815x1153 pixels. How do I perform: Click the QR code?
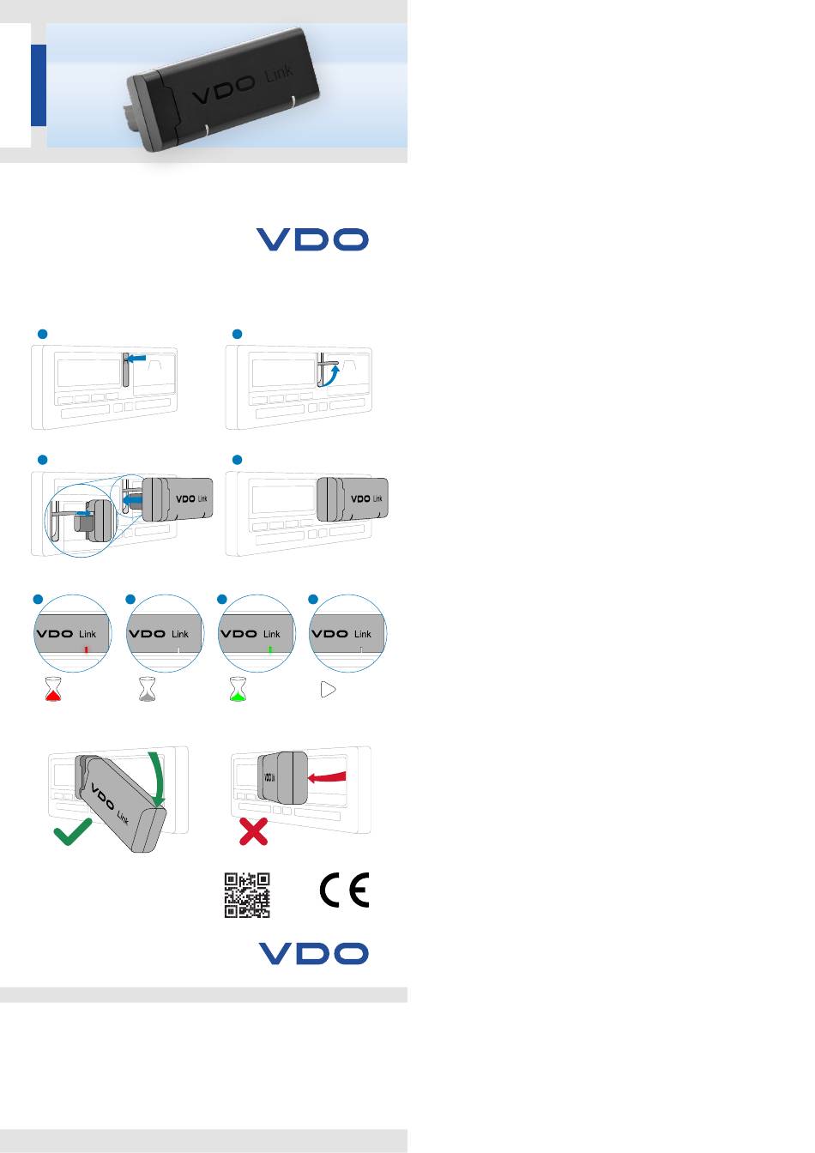pos(247,895)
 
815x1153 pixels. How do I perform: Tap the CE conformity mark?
pos(344,890)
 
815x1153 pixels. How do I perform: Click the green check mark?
pos(73,831)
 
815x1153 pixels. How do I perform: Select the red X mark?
pos(253,831)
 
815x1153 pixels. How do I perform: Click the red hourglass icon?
pos(52,689)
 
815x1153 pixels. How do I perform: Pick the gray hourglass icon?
pos(147,689)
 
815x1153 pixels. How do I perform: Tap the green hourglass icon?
pos(238,690)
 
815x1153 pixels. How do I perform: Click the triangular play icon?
pos(328,689)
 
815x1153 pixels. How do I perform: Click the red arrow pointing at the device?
pos(326,776)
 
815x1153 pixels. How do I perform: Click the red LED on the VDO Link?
pos(86,650)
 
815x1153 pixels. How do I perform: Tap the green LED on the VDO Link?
pos(269,650)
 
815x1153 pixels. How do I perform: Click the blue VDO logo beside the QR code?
pos(313,953)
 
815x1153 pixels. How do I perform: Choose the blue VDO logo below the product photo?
pos(312,239)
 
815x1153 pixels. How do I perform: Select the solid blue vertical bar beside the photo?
pos(39,86)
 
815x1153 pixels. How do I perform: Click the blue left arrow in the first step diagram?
pos(136,358)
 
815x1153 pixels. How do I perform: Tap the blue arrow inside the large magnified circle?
pos(81,513)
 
